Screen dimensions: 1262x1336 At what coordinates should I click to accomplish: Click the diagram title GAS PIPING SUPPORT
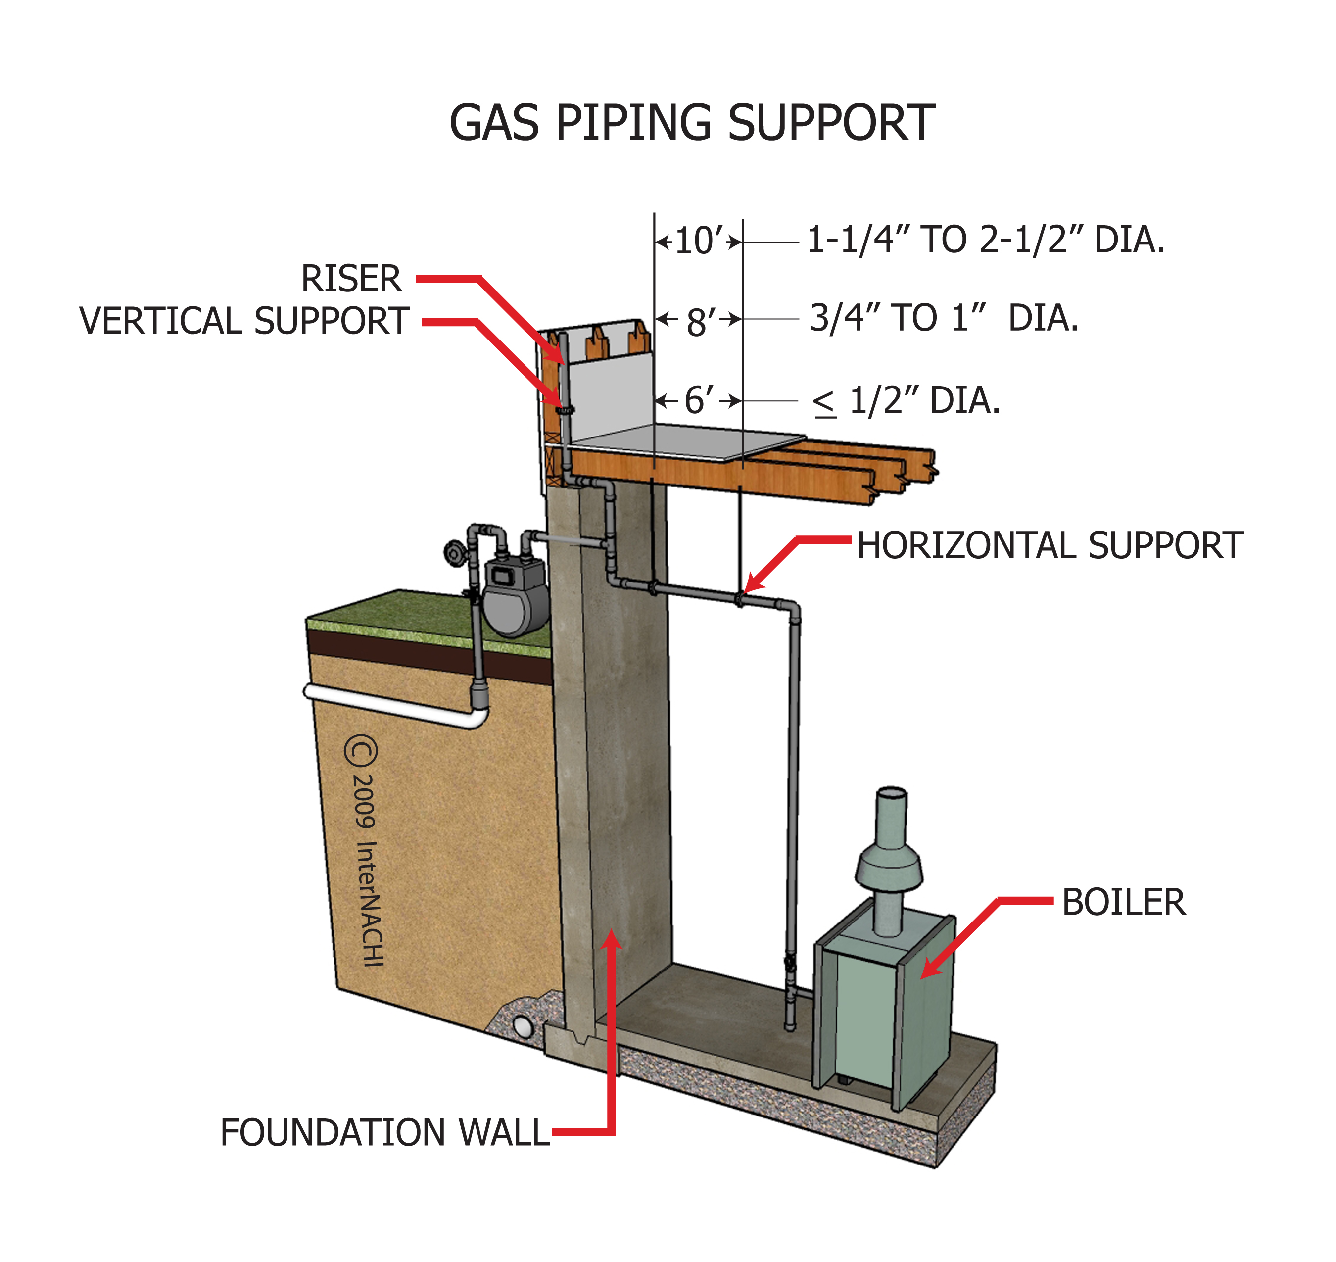tap(692, 124)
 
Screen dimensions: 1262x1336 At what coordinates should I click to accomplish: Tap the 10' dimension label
tap(698, 241)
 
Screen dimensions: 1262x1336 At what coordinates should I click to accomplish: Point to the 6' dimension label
tap(698, 401)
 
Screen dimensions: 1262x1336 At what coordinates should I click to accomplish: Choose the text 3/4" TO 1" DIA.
tap(943, 318)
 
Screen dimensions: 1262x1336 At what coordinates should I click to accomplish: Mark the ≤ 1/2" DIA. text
tap(906, 401)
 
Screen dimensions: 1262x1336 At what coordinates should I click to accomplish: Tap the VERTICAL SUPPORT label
tap(244, 321)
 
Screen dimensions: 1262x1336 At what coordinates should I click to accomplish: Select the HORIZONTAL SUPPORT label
tap(1050, 545)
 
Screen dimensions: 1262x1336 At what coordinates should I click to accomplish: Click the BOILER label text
tap(1123, 903)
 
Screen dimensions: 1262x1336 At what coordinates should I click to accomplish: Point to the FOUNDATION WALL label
tap(385, 1133)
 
